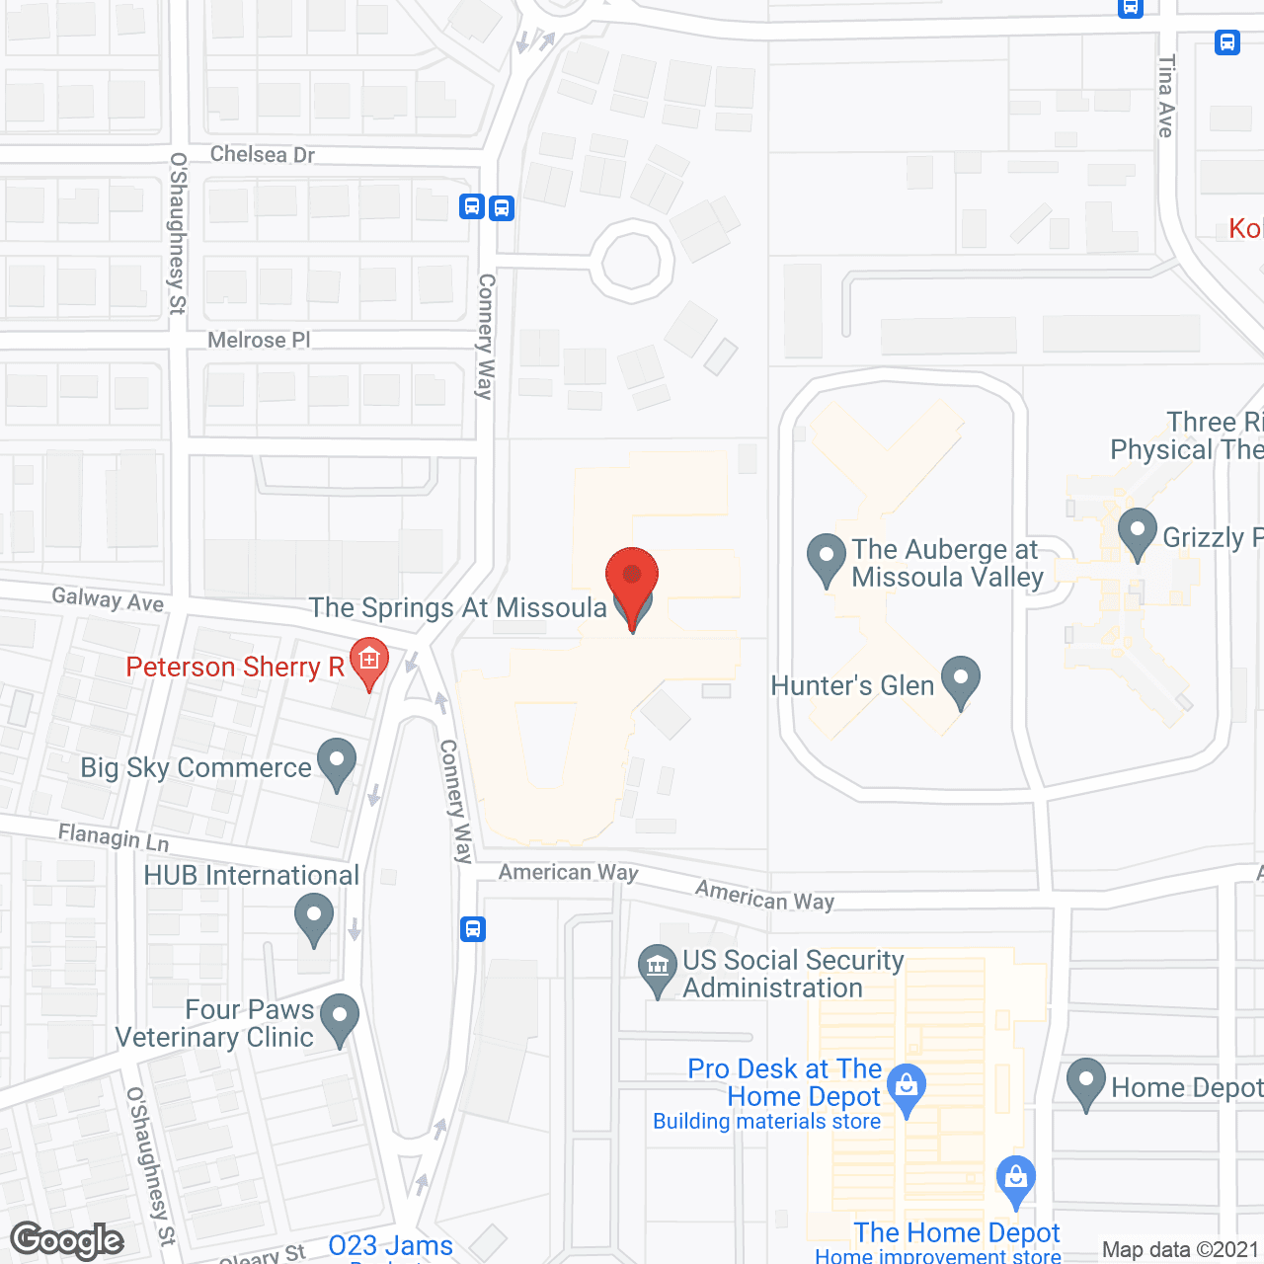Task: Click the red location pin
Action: coord(632,578)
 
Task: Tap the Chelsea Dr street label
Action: coord(263,154)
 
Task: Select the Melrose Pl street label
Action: coord(259,340)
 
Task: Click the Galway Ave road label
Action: coord(108,598)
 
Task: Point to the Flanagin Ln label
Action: coord(114,837)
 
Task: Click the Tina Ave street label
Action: coord(1166,96)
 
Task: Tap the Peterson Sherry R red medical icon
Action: coord(369,659)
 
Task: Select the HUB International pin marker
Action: coord(314,916)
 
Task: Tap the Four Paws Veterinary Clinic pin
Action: coord(340,1017)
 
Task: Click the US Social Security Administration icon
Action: coord(658,968)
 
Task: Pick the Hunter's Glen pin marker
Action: coord(960,680)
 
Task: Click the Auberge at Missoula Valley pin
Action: coord(827,558)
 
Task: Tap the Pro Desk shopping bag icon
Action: coord(907,1086)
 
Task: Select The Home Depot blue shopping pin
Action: coord(1015,1179)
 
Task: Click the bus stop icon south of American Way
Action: coord(473,929)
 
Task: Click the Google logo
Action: coord(68,1241)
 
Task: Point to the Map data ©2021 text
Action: coord(1180,1250)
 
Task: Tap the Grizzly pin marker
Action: coord(1138,531)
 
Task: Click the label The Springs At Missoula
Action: coord(457,607)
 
